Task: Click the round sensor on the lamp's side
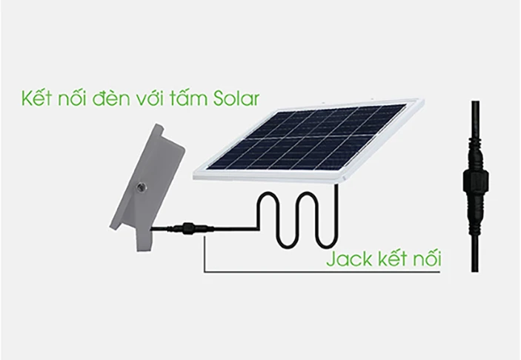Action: (139, 187)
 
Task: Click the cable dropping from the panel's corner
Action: (336, 213)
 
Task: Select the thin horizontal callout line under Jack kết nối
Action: (322, 273)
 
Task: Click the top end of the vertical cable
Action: (475, 101)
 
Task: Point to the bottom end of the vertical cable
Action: (475, 272)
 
